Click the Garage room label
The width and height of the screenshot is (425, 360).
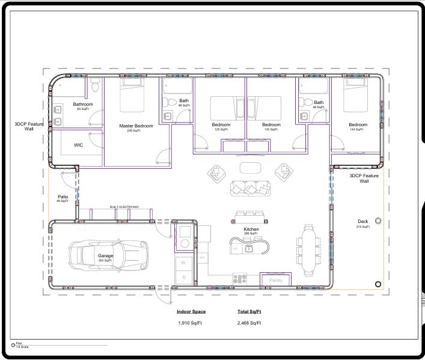(x=105, y=255)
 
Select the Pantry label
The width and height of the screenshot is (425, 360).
(x=276, y=280)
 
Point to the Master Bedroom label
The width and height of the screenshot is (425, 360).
(x=136, y=126)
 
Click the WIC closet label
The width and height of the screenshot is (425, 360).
(x=78, y=145)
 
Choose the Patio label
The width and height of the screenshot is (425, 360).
(x=63, y=197)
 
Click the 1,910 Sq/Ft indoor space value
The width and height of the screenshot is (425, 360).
(x=191, y=323)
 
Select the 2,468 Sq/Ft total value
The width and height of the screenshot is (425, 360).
(x=249, y=323)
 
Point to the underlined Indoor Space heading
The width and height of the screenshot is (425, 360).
(x=191, y=312)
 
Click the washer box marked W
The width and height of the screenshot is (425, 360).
(x=184, y=263)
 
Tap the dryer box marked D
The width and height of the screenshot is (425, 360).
(x=184, y=277)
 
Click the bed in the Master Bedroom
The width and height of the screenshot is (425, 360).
(x=132, y=96)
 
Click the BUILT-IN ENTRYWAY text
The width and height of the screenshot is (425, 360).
(x=124, y=207)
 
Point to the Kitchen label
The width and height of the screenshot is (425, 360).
(x=251, y=230)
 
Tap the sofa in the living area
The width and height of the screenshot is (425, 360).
(x=249, y=188)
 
